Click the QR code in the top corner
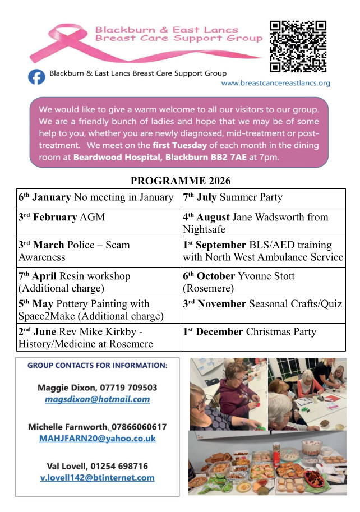(x=298, y=47)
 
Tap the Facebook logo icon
(x=37, y=76)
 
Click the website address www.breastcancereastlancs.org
(x=275, y=83)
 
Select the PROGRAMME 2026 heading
(x=180, y=181)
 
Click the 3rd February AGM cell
(x=98, y=217)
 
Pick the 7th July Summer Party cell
(x=262, y=197)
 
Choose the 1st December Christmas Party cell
(x=262, y=332)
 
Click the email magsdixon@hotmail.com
(x=97, y=399)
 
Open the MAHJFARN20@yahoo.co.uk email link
(x=97, y=439)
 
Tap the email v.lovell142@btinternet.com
(x=97, y=478)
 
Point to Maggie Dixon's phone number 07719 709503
(x=128, y=388)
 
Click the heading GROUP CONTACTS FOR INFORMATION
(x=97, y=366)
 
